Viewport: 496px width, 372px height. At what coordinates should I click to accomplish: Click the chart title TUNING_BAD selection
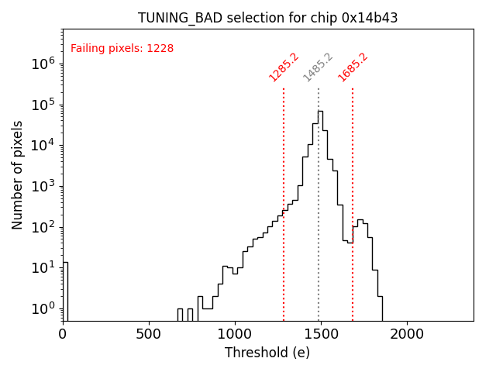click(x=267, y=18)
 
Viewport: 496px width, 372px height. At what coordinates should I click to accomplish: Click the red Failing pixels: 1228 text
click(x=122, y=49)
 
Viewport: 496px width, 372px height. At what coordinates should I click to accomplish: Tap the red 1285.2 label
click(x=284, y=67)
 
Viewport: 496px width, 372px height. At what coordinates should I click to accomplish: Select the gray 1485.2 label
click(x=318, y=67)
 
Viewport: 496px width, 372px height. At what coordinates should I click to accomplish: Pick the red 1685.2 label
click(x=353, y=67)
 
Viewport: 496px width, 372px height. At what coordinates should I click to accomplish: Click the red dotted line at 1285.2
click(x=284, y=201)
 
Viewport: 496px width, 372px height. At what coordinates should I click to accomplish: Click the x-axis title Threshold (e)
click(x=267, y=353)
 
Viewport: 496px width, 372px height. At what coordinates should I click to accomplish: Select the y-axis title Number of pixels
click(x=18, y=174)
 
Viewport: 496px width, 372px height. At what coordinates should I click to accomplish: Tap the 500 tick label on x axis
click(x=149, y=334)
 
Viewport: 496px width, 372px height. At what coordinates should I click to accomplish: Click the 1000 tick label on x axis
click(x=234, y=334)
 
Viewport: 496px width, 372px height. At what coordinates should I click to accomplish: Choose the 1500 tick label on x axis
click(x=320, y=334)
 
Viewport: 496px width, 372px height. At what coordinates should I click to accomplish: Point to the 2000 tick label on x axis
click(x=406, y=334)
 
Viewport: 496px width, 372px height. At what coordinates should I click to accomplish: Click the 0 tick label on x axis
click(x=63, y=334)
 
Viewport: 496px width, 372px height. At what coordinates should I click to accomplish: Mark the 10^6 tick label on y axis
click(x=43, y=64)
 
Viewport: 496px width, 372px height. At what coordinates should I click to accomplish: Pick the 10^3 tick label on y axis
click(x=43, y=186)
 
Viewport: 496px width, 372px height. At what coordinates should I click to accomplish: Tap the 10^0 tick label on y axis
click(x=43, y=308)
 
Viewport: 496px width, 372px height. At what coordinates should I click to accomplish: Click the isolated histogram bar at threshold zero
click(x=65, y=291)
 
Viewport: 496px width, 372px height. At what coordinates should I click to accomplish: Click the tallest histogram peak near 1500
click(x=320, y=112)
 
